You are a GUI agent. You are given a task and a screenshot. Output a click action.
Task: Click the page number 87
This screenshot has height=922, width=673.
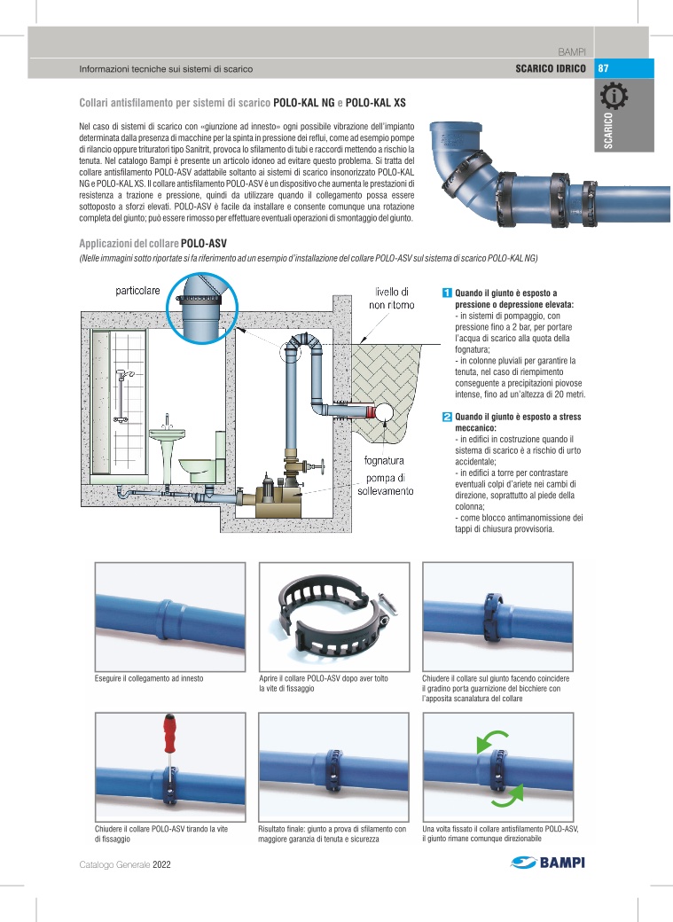click(603, 68)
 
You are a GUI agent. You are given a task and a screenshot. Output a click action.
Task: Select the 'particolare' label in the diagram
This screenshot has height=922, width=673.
click(137, 292)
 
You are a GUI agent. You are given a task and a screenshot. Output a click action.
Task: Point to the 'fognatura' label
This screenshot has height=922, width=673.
click(383, 461)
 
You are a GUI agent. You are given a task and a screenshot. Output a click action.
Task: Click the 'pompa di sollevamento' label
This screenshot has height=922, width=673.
click(385, 485)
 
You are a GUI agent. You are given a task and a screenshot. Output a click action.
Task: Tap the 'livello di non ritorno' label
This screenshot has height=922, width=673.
click(392, 298)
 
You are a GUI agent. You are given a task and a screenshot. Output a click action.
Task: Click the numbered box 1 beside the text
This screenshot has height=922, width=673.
click(447, 293)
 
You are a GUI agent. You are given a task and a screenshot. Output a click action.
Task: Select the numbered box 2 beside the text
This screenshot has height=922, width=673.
click(447, 417)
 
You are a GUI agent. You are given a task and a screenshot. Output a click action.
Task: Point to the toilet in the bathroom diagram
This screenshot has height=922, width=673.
click(196, 469)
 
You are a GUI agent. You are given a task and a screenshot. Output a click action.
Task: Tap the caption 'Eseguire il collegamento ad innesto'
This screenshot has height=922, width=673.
click(149, 678)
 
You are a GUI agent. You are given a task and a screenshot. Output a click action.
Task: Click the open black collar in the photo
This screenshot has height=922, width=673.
click(332, 616)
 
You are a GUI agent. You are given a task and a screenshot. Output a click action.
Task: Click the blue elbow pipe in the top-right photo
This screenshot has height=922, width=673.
click(452, 151)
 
